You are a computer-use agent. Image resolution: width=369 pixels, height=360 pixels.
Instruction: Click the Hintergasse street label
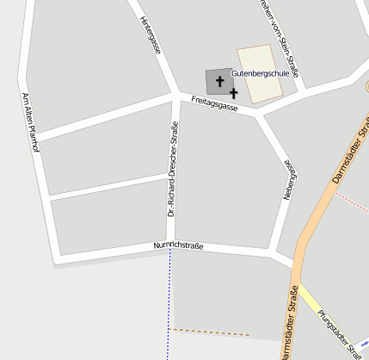[150, 34]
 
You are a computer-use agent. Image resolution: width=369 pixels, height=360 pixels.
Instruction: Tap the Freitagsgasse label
[214, 105]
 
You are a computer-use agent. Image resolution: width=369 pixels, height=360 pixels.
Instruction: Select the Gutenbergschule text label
[260, 74]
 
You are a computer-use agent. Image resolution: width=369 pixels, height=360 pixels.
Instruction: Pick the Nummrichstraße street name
[178, 247]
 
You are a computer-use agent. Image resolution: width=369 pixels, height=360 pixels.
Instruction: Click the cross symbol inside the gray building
[219, 82]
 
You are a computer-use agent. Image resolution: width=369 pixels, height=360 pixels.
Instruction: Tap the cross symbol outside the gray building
[234, 91]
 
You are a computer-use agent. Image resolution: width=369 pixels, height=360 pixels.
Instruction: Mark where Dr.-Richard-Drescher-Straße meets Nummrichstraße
[171, 245]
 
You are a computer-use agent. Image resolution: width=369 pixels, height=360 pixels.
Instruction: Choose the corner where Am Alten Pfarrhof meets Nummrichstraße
[56, 256]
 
